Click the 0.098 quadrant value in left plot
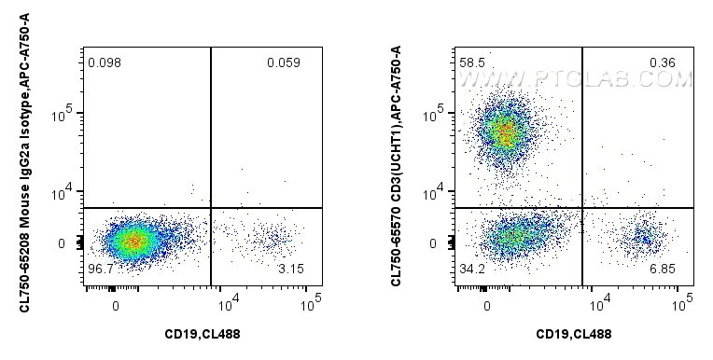104,63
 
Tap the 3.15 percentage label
291,269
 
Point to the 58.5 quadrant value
472,63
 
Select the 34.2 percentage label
472,269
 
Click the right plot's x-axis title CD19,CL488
574,334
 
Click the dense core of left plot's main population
133,242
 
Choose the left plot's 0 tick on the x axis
115,304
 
